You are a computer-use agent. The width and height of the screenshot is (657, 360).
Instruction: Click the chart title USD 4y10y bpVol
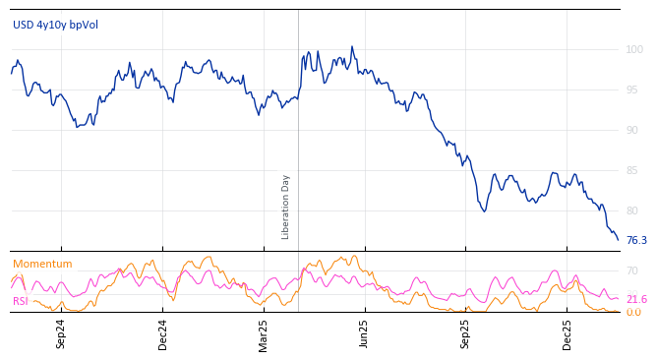pos(55,25)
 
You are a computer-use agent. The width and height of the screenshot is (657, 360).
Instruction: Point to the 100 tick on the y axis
pos(634,49)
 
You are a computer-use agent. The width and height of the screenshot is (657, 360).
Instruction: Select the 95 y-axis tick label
pos(634,90)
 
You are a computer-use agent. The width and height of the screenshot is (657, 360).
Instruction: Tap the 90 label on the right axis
pos(634,130)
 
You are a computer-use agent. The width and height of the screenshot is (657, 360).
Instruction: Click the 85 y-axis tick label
pos(634,170)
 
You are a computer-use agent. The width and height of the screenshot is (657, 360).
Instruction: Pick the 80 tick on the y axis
pos(634,210)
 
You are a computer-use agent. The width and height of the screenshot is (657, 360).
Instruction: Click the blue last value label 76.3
pos(636,240)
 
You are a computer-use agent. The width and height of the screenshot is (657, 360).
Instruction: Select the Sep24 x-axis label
pos(61,333)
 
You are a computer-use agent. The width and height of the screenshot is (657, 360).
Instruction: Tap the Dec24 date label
pos(163,333)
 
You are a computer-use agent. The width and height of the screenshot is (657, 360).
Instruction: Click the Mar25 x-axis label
pos(264,333)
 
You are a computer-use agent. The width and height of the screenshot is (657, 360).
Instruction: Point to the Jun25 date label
pos(365,333)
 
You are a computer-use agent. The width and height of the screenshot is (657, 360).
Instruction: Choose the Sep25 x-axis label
pos(466,333)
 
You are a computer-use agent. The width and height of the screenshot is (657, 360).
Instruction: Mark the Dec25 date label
pos(567,333)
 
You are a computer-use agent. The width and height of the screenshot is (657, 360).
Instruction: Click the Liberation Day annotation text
pos(286,207)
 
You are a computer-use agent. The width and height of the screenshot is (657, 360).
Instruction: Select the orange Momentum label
pos(42,264)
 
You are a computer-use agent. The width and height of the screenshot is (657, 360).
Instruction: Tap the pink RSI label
pos(21,301)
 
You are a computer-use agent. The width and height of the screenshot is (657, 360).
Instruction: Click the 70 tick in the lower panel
pos(632,270)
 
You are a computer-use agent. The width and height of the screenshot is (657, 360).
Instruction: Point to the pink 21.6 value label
pos(636,299)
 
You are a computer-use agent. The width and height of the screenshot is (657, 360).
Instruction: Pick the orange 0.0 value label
pos(634,312)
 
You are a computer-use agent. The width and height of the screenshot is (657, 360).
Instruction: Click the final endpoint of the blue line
pos(619,240)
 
